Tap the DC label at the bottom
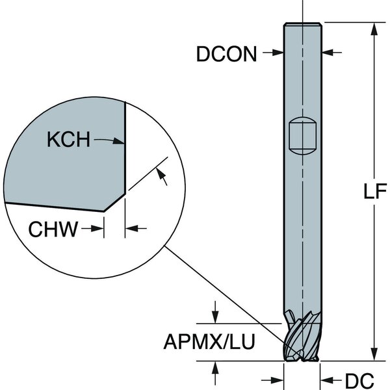tap(356, 378)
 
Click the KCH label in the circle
tap(69, 140)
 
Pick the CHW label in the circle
tap(54, 228)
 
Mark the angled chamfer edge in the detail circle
tap(114, 201)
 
